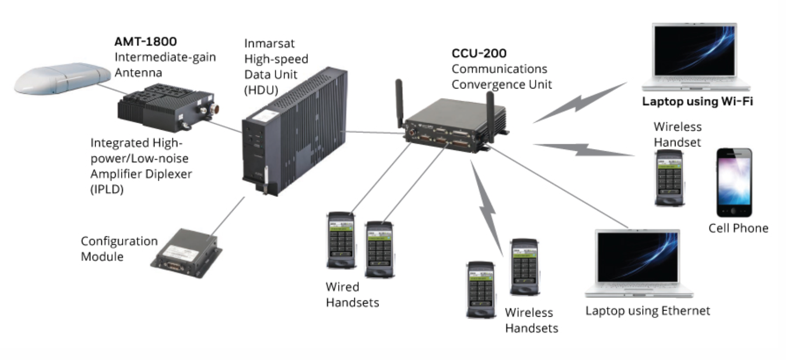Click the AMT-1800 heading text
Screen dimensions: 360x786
145,42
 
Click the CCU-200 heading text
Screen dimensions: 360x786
479,53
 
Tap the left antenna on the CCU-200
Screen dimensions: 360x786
399,103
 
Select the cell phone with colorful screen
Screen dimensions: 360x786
734,183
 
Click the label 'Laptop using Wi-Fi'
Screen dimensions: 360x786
697,101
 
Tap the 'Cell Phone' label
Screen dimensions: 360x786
738,228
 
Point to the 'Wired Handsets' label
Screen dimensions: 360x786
352,295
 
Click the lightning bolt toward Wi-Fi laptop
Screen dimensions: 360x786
580,103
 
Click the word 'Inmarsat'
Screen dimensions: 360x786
269,43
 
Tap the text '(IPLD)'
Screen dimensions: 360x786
107,189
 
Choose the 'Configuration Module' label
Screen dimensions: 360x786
119,249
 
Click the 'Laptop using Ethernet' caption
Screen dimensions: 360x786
647,311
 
